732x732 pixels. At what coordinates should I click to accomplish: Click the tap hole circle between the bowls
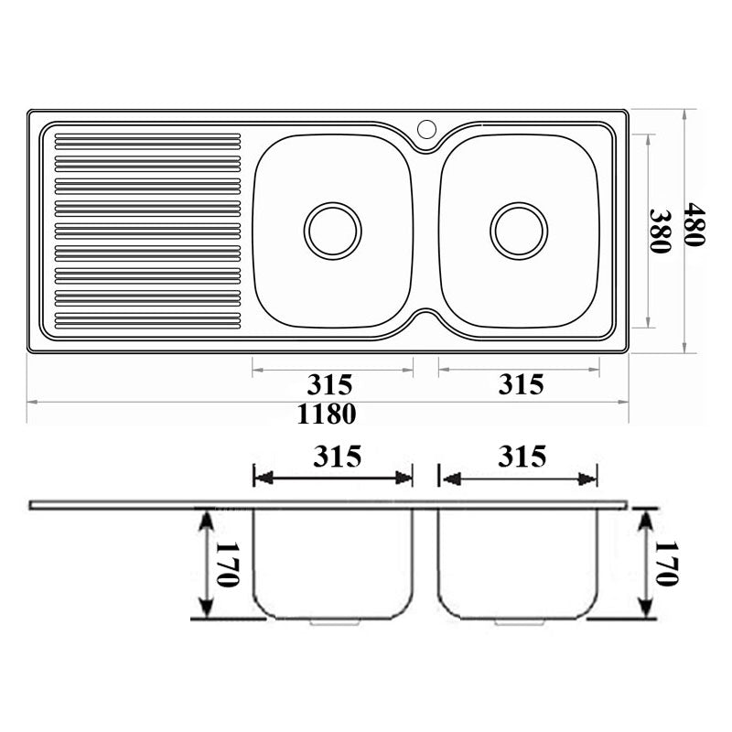point(426,129)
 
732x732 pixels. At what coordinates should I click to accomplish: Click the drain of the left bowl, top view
point(332,231)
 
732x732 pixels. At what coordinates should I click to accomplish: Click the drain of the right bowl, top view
point(519,231)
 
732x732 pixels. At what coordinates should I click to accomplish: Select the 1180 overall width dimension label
point(327,414)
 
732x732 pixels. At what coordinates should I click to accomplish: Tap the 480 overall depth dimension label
point(694,224)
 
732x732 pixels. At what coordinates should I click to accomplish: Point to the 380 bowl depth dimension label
point(660,231)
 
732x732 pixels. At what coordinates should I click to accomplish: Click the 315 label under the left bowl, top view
point(329,385)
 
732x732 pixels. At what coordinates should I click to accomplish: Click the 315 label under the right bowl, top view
point(521,384)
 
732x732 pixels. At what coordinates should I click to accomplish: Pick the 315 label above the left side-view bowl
point(337,456)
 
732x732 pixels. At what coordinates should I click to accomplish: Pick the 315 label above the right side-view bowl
point(522,456)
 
